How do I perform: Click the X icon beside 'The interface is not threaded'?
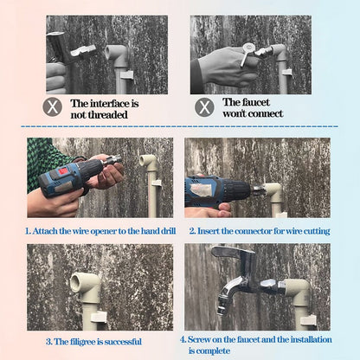(54, 107)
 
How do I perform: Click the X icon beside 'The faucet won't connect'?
(204, 107)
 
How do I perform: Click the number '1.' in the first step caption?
(28, 231)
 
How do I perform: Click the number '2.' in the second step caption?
(191, 231)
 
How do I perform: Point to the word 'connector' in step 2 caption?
(256, 231)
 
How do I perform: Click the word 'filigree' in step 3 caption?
(80, 341)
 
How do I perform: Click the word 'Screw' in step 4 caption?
(202, 339)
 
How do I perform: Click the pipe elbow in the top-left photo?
(117, 55)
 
